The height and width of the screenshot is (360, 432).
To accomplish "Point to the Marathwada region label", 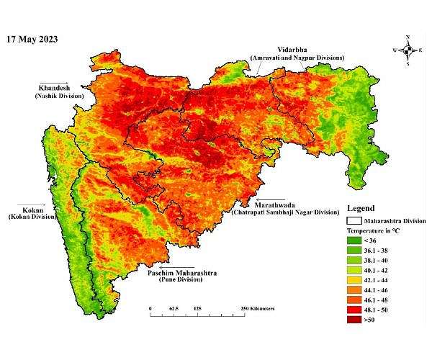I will tap(289, 204).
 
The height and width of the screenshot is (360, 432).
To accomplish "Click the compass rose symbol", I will tap(408, 50).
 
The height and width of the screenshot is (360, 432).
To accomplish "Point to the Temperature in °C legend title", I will tap(377, 230).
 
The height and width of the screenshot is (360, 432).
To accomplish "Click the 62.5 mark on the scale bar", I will tap(174, 307).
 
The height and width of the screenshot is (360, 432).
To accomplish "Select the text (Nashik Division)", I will tap(57, 95).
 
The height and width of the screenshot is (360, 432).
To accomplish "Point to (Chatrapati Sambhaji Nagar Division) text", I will tap(284, 212).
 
